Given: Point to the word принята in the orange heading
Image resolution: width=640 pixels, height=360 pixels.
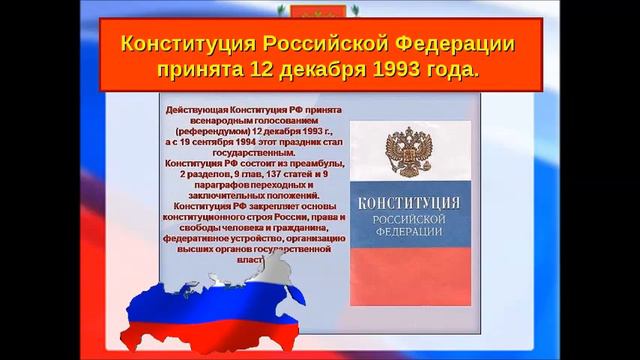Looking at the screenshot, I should (198, 72).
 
